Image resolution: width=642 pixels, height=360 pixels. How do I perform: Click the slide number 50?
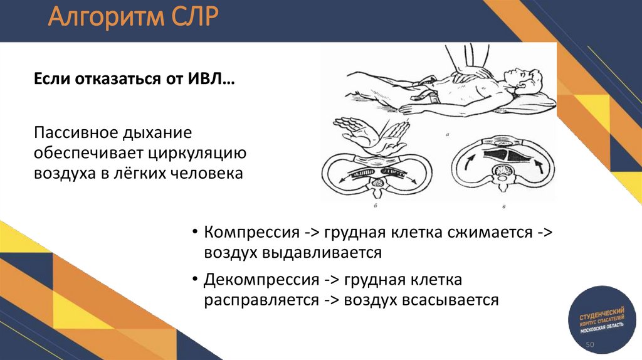pyautogui.click(x=589, y=346)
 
